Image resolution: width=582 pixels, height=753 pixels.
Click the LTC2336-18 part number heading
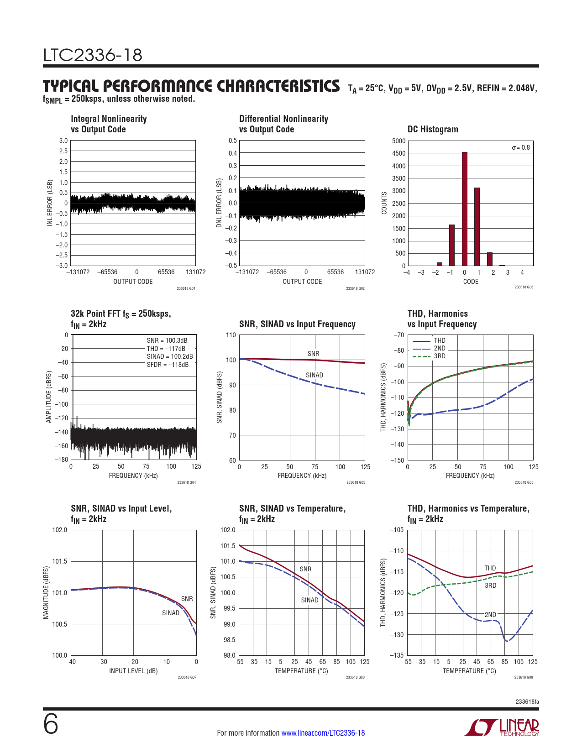coord(93,55)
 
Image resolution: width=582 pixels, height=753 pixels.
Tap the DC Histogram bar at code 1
coord(477,226)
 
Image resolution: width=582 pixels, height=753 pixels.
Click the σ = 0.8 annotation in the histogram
coord(521,147)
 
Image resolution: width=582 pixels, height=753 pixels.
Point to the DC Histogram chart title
coord(433,129)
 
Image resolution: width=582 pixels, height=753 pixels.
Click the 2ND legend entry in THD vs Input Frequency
coord(439,348)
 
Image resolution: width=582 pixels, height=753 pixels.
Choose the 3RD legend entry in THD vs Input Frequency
coord(439,356)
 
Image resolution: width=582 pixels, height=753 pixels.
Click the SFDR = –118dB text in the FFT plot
coord(168,365)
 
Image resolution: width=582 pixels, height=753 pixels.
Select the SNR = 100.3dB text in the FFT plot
coord(167,340)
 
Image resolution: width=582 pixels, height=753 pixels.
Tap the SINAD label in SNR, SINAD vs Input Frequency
coord(315,375)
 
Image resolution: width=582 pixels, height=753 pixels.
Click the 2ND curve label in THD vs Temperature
coord(490,615)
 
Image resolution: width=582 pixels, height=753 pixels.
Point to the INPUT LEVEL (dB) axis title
coord(133,671)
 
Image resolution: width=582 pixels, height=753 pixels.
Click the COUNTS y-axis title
coord(384,203)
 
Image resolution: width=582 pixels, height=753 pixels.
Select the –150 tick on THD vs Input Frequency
coord(398,460)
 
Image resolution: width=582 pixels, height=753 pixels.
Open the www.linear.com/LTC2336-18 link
coord(323,733)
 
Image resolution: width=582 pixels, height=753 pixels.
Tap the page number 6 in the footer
coord(51,724)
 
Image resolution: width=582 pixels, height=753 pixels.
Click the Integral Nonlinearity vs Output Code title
coord(109,124)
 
